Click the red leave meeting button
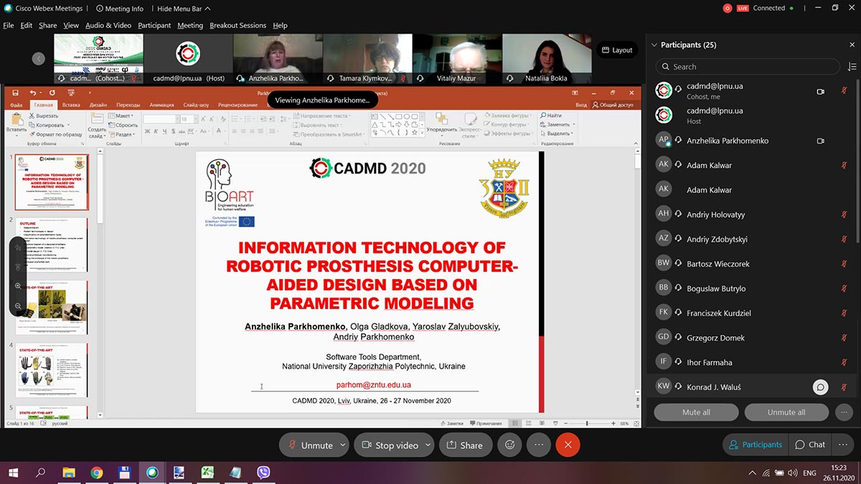568,445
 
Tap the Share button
464,445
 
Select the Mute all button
696,412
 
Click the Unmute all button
786,412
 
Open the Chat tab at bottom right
810,445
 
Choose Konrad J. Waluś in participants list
713,387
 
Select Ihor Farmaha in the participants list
710,362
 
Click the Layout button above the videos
616,50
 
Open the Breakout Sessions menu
237,25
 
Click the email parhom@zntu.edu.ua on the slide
373,385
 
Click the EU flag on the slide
247,222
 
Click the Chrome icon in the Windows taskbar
96,473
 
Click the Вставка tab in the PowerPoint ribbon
71,105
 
